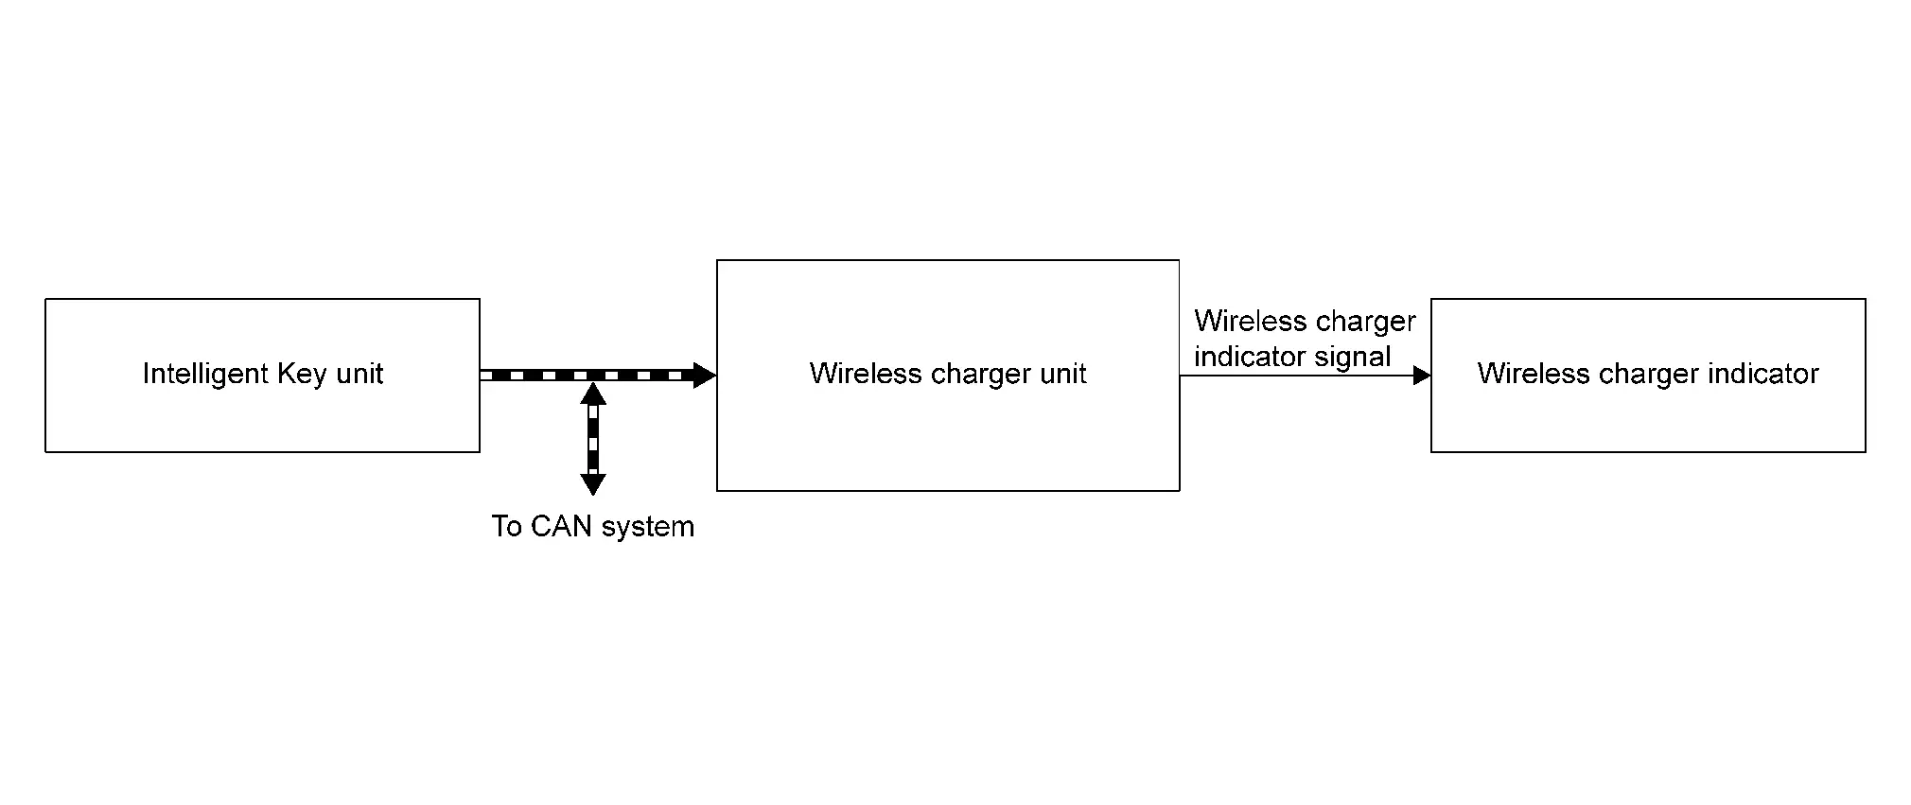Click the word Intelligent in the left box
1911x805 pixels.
coord(205,375)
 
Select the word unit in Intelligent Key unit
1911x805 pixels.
coord(359,375)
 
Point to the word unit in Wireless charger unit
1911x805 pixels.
coord(1063,375)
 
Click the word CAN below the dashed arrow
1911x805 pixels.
coord(562,527)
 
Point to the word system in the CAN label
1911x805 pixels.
coord(648,527)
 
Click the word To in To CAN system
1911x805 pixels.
coord(506,527)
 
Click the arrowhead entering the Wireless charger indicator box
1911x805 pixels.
coord(1421,376)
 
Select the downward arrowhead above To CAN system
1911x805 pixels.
coord(593,484)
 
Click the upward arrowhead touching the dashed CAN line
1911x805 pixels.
coord(593,393)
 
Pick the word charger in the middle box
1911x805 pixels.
coord(974,375)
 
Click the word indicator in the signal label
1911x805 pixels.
coord(1251,357)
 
